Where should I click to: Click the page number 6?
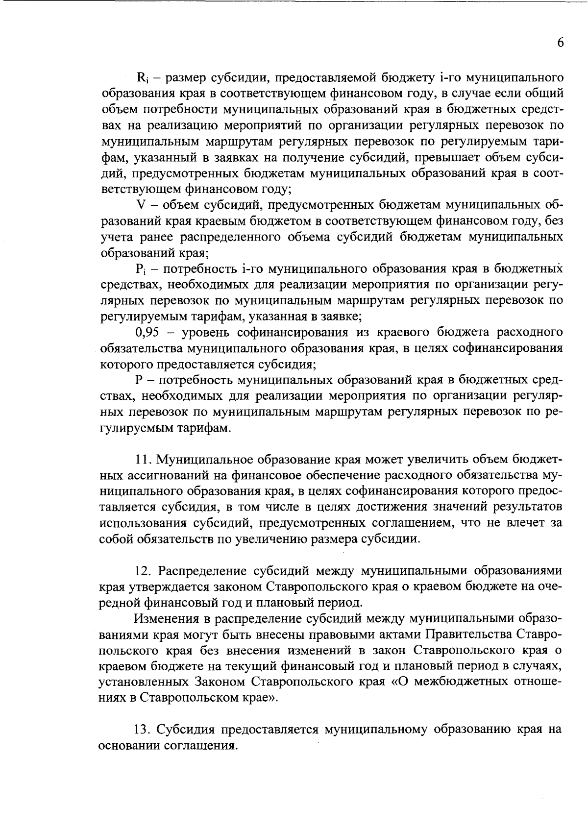tap(561, 43)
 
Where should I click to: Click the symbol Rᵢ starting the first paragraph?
tap(143, 78)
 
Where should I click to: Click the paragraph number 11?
tap(142, 460)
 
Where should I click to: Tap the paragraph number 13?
tap(143, 729)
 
